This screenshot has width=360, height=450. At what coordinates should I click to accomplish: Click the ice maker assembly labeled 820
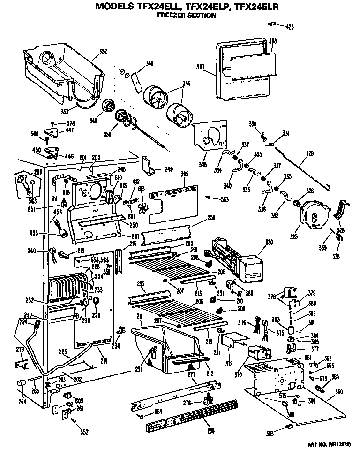237,256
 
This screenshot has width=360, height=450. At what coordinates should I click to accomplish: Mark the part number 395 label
184,174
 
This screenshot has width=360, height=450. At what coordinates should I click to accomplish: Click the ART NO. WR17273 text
328,444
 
